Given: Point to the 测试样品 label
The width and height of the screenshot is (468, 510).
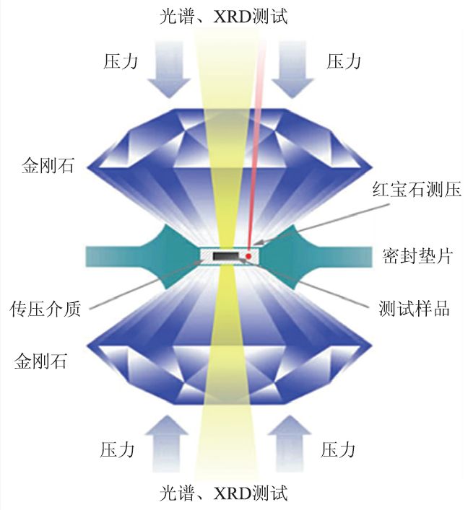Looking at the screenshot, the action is [x=414, y=309].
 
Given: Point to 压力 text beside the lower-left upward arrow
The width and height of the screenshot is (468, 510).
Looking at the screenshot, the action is [x=118, y=450].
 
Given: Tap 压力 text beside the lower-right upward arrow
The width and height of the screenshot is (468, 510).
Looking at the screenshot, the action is [x=339, y=450].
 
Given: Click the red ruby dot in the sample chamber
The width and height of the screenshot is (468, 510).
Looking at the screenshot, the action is [x=248, y=255].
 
